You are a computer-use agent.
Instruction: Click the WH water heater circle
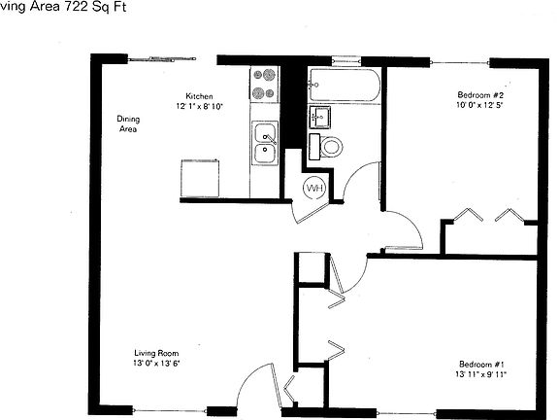[x=314, y=187]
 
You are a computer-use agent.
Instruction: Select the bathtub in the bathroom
[x=344, y=86]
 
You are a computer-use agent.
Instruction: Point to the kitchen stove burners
[x=263, y=84]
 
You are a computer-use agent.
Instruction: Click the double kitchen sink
[x=264, y=143]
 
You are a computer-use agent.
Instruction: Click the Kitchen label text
[x=200, y=96]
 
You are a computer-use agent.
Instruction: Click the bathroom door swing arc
[x=363, y=176]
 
